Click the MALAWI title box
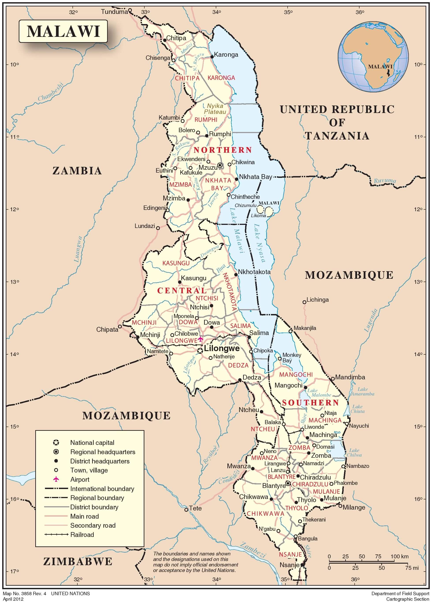click(x=63, y=31)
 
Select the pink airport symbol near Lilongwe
click(x=200, y=339)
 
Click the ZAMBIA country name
click(x=77, y=171)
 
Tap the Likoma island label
click(x=258, y=216)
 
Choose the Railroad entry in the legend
click(x=82, y=534)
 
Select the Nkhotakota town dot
click(x=236, y=275)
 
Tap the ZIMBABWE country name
click(x=78, y=562)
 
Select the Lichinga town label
click(x=318, y=300)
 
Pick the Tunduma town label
click(x=114, y=12)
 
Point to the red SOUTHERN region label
click(x=310, y=403)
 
